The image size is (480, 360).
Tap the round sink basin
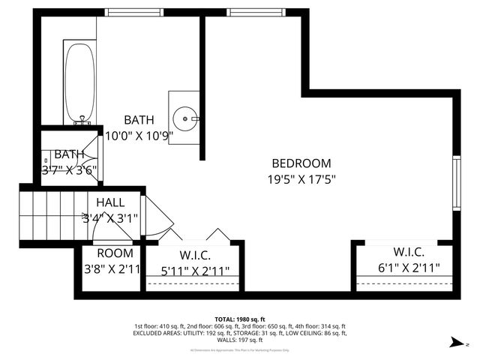184,118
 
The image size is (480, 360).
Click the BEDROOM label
301,163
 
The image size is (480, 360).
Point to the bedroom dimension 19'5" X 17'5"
301,179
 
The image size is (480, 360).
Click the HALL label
110,202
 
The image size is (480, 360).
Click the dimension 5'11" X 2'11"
194,271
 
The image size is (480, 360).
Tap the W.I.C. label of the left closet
194,256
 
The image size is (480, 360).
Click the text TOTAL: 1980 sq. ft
240,319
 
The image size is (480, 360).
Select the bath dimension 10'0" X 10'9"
139,136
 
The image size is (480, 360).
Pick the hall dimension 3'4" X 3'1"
110,218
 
